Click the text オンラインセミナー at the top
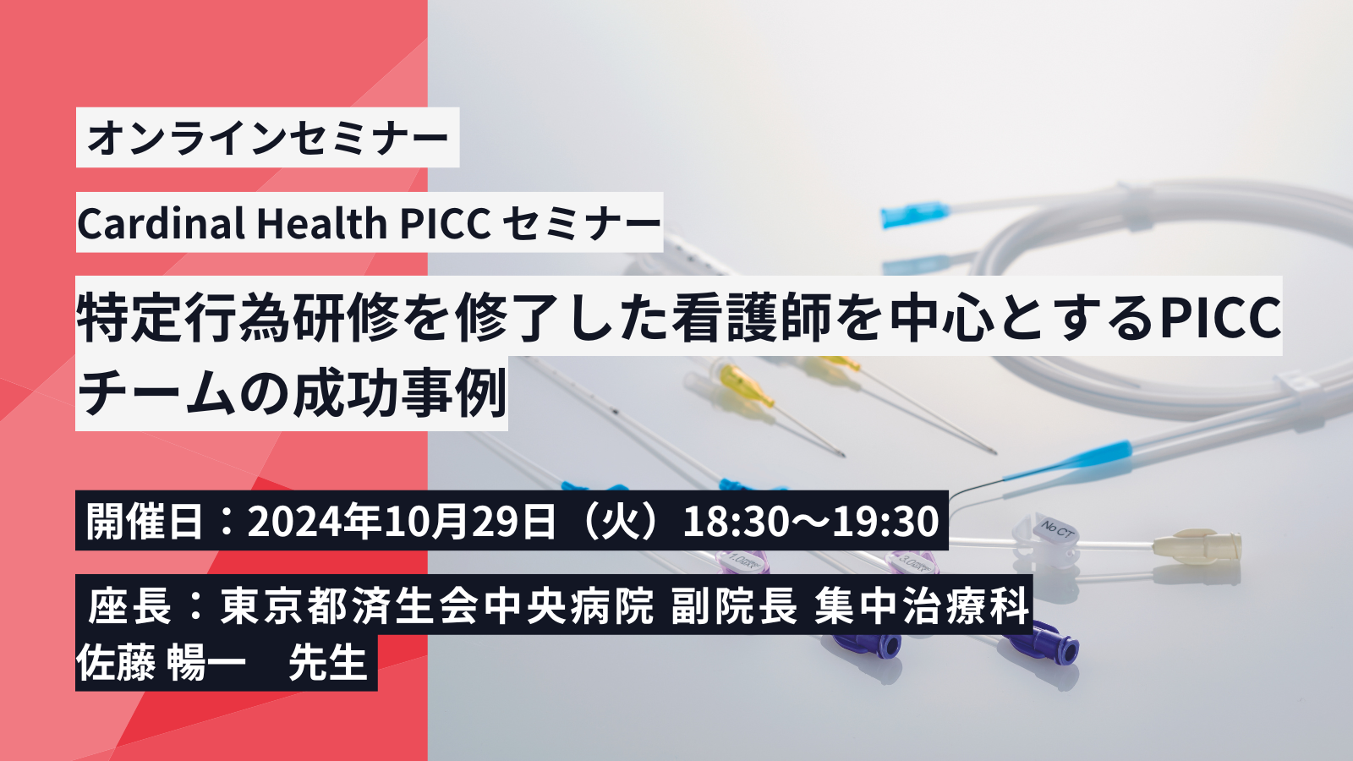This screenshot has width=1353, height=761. tap(267, 138)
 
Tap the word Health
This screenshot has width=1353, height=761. tap(322, 223)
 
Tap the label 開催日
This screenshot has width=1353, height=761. tap(144, 521)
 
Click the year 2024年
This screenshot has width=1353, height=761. tap(314, 521)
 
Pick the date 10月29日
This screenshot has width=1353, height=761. tap(468, 521)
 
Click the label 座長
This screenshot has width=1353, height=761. tap(130, 605)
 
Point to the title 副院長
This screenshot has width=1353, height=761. tap(734, 605)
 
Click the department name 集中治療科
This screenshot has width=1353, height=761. tap(921, 605)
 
